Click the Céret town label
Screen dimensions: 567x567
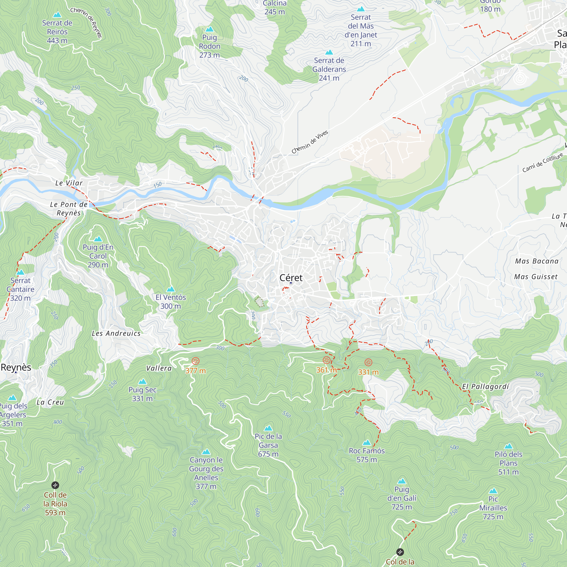click(291, 278)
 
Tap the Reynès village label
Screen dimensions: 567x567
click(16, 367)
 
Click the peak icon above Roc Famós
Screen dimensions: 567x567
click(367, 443)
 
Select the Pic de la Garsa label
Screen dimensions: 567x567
click(268, 445)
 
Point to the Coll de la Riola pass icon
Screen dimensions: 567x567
click(55, 485)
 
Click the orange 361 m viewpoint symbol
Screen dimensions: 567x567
click(326, 360)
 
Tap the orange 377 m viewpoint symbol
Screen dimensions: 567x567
click(195, 361)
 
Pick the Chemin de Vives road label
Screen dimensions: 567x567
click(310, 142)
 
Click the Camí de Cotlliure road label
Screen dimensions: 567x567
click(543, 162)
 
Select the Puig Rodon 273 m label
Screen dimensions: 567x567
click(209, 46)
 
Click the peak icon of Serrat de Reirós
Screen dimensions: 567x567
click(57, 15)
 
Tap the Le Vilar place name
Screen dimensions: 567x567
click(69, 183)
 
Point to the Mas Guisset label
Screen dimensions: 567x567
click(536, 277)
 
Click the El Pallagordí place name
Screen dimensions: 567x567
click(485, 386)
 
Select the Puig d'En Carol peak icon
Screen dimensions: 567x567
click(98, 239)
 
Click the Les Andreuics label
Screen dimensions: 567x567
click(116, 333)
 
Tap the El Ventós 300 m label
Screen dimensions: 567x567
click(170, 301)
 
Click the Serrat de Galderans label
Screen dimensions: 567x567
click(329, 69)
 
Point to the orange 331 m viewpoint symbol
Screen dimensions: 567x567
click(368, 362)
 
